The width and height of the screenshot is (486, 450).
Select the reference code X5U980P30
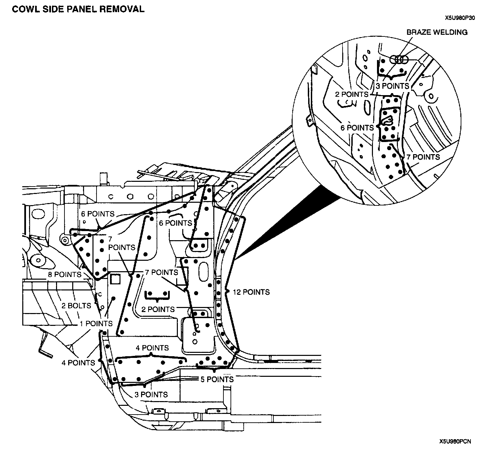click(x=460, y=19)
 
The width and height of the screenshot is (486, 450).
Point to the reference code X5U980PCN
click(x=455, y=441)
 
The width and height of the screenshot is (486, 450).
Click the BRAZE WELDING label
click(x=437, y=32)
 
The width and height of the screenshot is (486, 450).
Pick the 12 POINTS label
click(x=251, y=292)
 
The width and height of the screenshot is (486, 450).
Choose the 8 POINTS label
click(x=64, y=275)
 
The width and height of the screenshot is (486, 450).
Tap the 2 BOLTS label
click(x=76, y=306)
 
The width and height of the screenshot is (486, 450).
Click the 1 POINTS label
click(x=96, y=324)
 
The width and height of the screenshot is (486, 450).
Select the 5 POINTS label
click(x=217, y=379)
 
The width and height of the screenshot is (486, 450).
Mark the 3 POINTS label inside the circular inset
click(x=393, y=86)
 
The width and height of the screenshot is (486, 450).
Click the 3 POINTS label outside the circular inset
click(x=151, y=395)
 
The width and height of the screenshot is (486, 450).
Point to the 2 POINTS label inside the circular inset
click(x=351, y=94)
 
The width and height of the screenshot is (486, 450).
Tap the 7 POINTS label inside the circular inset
click(x=423, y=157)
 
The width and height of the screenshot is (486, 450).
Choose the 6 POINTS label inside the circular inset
click(x=357, y=128)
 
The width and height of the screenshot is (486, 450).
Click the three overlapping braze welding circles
click(x=399, y=60)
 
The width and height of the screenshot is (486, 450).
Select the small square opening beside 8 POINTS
click(x=115, y=279)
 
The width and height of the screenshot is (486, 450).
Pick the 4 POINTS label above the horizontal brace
click(x=152, y=348)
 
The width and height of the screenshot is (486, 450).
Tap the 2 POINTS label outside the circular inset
click(x=158, y=309)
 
